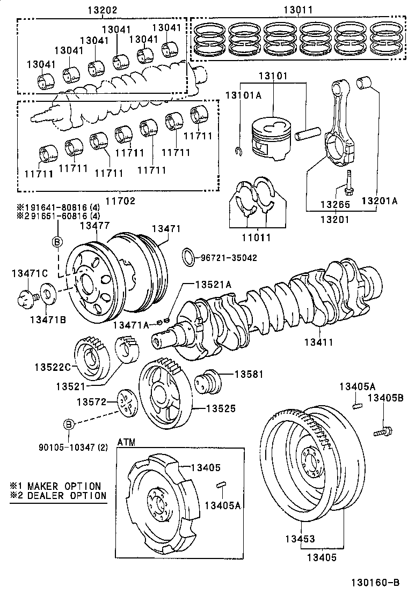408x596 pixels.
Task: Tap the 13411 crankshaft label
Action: [x=319, y=341]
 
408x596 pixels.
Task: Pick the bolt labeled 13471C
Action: [x=25, y=297]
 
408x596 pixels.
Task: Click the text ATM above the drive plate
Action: [x=126, y=442]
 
